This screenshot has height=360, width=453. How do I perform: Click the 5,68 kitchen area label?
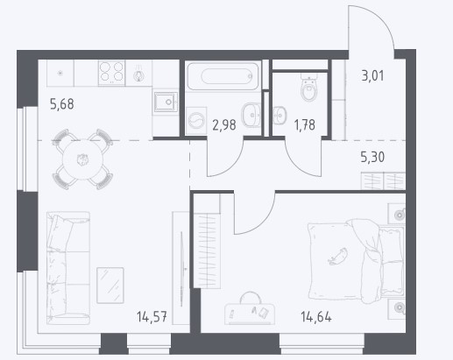62,104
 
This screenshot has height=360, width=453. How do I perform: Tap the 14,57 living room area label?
152,316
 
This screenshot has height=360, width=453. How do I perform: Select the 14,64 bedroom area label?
316,317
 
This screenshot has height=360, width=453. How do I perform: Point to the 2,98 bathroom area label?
224,125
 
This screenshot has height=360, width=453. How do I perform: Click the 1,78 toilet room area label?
305,125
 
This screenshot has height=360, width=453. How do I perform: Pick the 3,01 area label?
372,76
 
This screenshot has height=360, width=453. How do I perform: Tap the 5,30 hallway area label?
372,158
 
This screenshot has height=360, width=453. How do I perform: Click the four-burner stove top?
111,73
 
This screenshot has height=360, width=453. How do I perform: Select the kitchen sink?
166,102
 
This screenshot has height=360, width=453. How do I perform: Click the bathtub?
223,76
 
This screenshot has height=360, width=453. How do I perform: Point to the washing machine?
196,121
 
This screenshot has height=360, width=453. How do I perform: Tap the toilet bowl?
308,87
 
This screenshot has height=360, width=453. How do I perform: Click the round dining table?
83,159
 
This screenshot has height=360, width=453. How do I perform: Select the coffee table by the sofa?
110,286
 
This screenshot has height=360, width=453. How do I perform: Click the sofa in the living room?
68,268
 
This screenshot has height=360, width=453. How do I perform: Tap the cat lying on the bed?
337,257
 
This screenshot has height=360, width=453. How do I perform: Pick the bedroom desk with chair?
250,309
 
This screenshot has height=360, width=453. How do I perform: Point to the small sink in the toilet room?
280,115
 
